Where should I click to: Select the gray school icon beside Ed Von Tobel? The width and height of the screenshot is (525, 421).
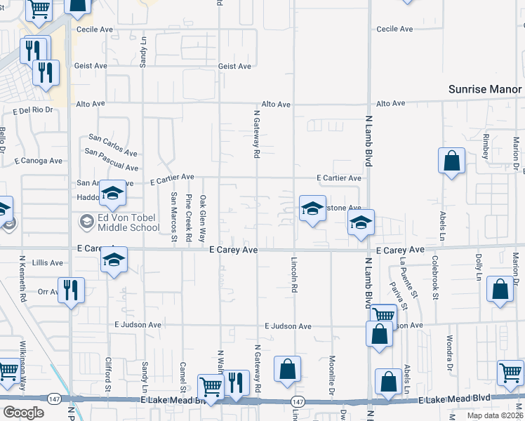click(x=86, y=222)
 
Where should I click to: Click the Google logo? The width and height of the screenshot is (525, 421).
click(x=23, y=412)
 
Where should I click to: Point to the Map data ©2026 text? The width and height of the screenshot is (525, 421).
click(x=494, y=415)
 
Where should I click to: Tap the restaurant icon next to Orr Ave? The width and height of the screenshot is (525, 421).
click(x=71, y=289)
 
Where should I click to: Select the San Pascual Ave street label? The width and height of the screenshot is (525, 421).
click(x=112, y=159)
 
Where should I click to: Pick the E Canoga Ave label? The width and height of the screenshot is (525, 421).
click(x=38, y=161)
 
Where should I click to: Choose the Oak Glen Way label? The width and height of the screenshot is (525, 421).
click(x=203, y=218)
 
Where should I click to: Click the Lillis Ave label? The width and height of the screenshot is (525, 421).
click(x=47, y=262)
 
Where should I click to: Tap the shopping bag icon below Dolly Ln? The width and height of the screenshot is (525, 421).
click(x=500, y=290)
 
